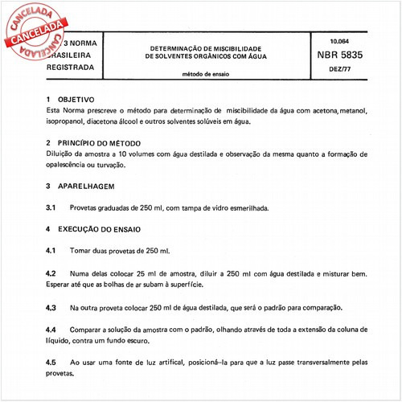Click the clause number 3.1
pyautogui.click(x=50, y=207)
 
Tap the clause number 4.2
pyautogui.click(x=50, y=273)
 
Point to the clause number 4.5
pyautogui.click(x=50, y=363)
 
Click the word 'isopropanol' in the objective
pyautogui.click(x=67, y=121)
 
